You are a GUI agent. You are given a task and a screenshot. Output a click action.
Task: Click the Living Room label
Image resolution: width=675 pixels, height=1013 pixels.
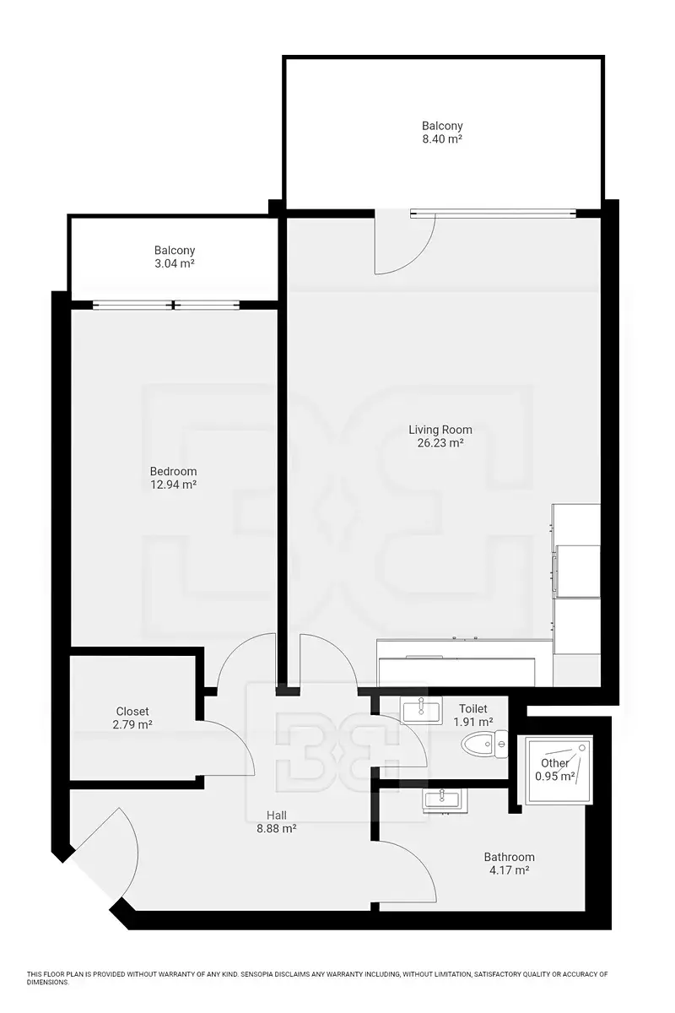(x=440, y=430)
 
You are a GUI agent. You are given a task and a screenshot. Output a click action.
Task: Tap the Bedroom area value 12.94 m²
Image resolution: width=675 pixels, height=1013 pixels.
(x=173, y=485)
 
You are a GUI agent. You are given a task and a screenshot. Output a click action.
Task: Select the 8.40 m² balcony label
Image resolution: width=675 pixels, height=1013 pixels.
(x=442, y=132)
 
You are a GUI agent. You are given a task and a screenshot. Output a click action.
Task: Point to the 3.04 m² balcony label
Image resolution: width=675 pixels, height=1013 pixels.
(x=174, y=257)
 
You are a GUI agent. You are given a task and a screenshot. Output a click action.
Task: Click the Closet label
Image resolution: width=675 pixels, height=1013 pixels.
(x=132, y=712)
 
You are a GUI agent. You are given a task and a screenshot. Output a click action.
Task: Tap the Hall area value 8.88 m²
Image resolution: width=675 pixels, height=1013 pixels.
(x=276, y=828)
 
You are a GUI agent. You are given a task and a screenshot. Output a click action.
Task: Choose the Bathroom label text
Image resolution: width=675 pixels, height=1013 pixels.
(x=509, y=857)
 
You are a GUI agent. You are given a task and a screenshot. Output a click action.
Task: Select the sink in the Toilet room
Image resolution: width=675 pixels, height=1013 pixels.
(x=421, y=710)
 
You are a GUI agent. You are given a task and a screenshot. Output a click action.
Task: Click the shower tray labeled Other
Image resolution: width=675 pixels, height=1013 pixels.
(x=554, y=769)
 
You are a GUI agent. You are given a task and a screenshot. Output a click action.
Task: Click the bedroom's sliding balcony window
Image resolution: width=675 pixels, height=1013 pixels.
(x=166, y=306)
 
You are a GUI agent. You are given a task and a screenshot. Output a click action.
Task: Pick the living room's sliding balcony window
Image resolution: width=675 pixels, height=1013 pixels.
(x=494, y=213)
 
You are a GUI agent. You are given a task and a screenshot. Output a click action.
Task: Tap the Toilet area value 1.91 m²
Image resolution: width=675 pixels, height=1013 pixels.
(x=472, y=722)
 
